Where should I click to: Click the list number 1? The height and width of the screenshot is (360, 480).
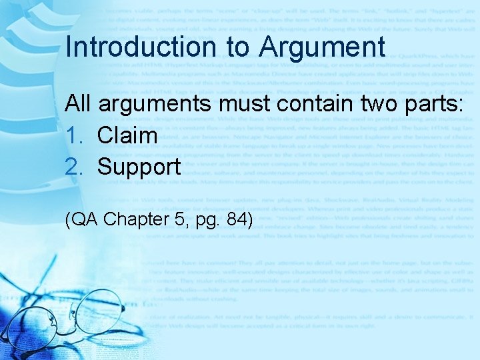[72, 135]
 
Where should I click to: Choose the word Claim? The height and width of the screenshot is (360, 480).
[127, 135]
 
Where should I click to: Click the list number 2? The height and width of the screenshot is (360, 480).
[72, 167]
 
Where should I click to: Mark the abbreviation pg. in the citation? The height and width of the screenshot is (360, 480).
[197, 219]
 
